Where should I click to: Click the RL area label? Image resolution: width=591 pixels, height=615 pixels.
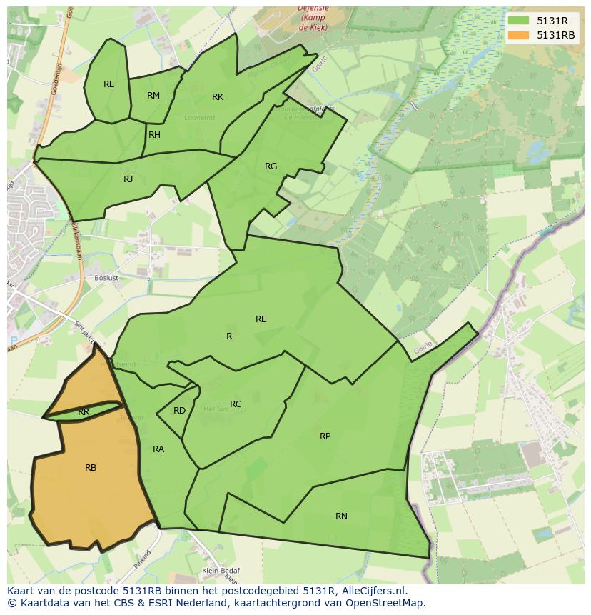tap(108, 84)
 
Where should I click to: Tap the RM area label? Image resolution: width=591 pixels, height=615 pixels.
tap(153, 96)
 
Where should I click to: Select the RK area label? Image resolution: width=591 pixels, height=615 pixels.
tap(218, 97)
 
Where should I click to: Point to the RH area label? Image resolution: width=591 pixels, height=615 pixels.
tap(154, 135)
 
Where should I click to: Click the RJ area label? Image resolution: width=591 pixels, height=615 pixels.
tap(128, 179)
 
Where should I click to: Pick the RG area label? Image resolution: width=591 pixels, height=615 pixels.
tap(271, 166)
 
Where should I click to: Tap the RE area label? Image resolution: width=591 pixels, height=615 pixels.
tap(261, 319)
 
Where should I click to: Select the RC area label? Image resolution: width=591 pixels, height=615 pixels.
tap(236, 404)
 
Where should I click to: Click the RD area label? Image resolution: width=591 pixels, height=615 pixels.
tap(179, 411)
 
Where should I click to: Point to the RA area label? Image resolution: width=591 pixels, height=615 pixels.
tap(158, 449)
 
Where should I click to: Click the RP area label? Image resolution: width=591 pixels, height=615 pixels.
tap(325, 436)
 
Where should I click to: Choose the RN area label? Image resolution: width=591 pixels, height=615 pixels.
tap(341, 516)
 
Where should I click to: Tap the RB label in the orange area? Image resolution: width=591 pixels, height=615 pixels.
tap(91, 468)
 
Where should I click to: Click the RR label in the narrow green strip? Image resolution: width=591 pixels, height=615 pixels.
tap(84, 412)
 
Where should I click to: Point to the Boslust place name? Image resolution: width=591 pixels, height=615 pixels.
tap(107, 278)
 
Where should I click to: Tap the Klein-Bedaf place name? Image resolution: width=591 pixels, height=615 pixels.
tap(221, 571)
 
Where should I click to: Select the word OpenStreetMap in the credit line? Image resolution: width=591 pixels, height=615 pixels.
tap(386, 603)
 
